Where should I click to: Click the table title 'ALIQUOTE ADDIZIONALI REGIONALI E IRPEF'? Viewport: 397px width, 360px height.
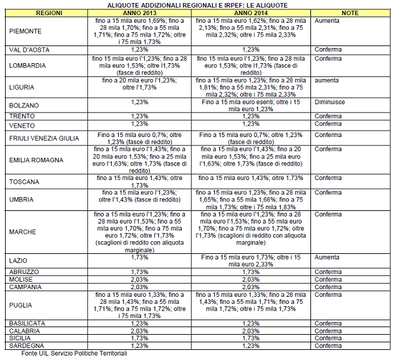198,4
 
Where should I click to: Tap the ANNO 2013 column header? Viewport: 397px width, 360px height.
135,13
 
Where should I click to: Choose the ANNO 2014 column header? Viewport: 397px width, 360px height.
254,13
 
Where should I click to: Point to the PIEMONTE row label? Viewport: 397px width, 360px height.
26,30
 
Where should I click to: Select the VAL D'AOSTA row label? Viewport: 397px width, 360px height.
29,49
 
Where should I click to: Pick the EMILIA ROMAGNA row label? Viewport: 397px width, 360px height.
36,160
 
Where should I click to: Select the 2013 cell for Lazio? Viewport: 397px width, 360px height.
135,257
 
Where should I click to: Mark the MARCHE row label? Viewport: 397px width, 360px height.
23,232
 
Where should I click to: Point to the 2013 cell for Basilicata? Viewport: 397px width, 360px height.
135,323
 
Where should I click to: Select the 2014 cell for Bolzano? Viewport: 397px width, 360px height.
254,105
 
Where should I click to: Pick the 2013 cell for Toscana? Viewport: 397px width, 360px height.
135,182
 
